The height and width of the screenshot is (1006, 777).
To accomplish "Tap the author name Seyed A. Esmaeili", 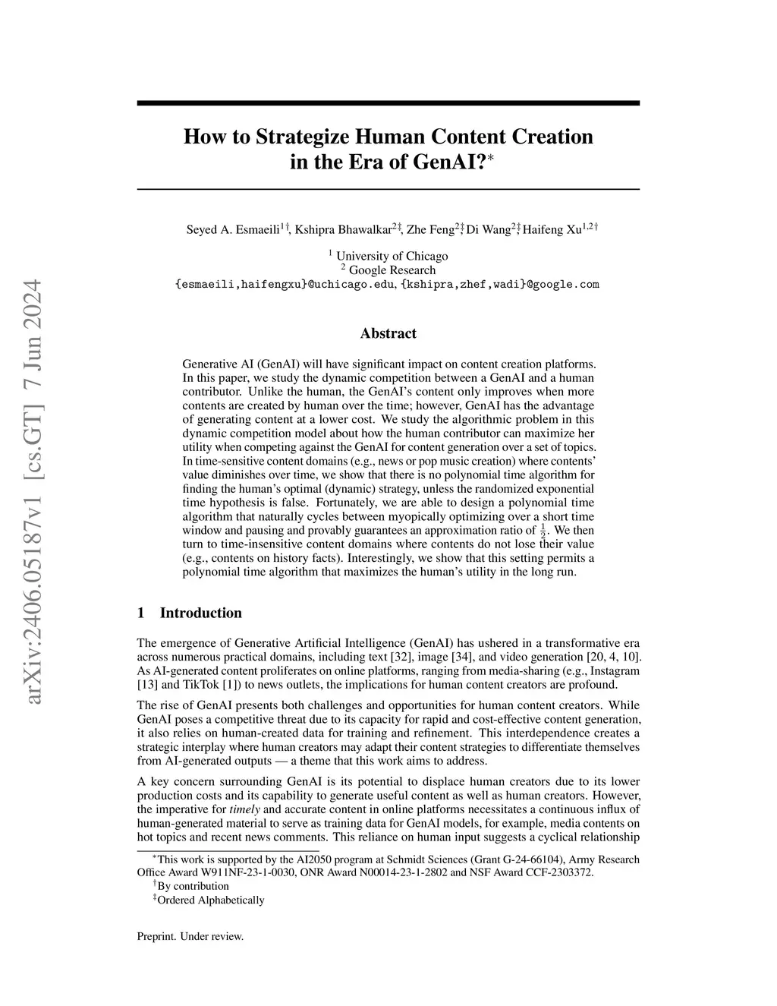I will [232, 229].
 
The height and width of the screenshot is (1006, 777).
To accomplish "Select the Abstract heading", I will [388, 333].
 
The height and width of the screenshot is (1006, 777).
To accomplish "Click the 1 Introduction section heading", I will [189, 613].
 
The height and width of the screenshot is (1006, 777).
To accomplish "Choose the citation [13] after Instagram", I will [146, 685].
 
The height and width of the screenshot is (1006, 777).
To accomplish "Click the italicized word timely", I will [244, 809].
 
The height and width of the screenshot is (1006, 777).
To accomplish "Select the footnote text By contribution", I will [193, 886].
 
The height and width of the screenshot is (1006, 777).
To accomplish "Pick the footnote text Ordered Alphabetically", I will [210, 900].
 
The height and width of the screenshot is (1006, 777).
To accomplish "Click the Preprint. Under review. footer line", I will [190, 936].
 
